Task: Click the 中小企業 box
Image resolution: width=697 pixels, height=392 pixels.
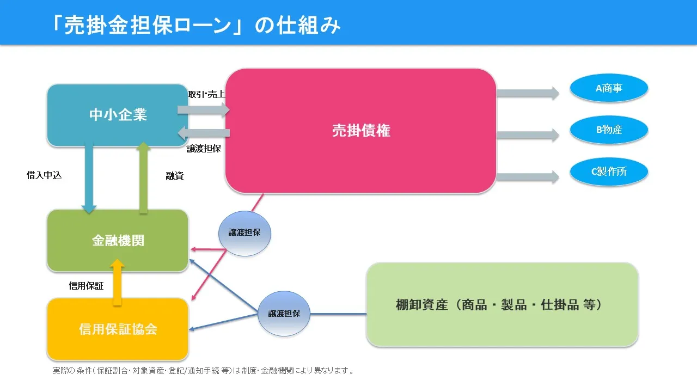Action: click(x=118, y=115)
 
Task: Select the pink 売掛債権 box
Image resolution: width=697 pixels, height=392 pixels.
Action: click(x=360, y=131)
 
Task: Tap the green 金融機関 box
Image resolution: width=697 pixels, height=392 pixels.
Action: click(x=118, y=241)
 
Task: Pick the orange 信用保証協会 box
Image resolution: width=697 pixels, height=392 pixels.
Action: click(x=118, y=329)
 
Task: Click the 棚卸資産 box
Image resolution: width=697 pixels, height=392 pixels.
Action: click(x=502, y=304)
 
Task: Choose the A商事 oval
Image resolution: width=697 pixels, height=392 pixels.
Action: click(x=609, y=88)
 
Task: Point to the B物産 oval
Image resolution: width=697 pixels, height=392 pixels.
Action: click(x=609, y=130)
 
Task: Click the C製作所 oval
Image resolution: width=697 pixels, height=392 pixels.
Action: click(x=609, y=172)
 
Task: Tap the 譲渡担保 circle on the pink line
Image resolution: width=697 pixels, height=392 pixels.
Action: click(x=244, y=232)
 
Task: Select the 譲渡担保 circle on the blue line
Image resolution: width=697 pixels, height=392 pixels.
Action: click(x=284, y=314)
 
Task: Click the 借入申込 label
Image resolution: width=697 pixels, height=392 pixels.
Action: click(x=44, y=175)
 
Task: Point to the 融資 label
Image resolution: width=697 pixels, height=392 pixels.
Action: click(x=174, y=176)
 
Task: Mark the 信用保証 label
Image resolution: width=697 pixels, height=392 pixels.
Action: click(x=86, y=285)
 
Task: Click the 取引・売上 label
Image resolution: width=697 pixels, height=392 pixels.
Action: click(x=206, y=94)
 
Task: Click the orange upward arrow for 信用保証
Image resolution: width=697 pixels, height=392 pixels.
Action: click(x=118, y=281)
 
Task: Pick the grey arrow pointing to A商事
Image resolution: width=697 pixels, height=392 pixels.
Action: click(x=527, y=93)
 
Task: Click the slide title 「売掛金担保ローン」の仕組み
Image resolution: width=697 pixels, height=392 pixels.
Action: click(x=195, y=24)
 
